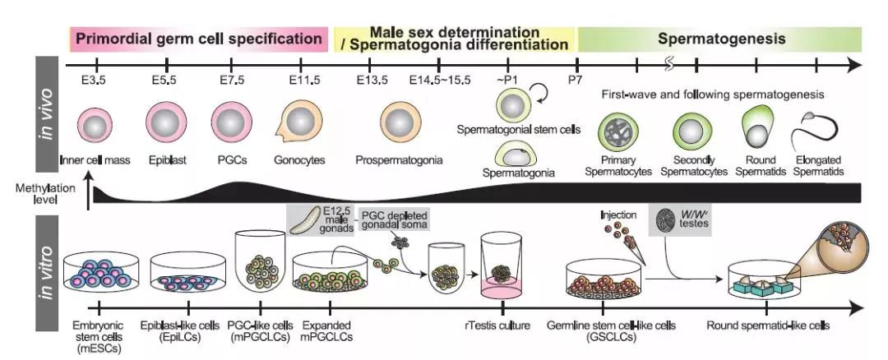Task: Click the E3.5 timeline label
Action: (96, 80)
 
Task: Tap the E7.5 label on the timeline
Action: (233, 80)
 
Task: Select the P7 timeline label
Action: (576, 80)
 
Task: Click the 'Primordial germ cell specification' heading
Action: (198, 39)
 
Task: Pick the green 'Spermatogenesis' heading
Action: (721, 39)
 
